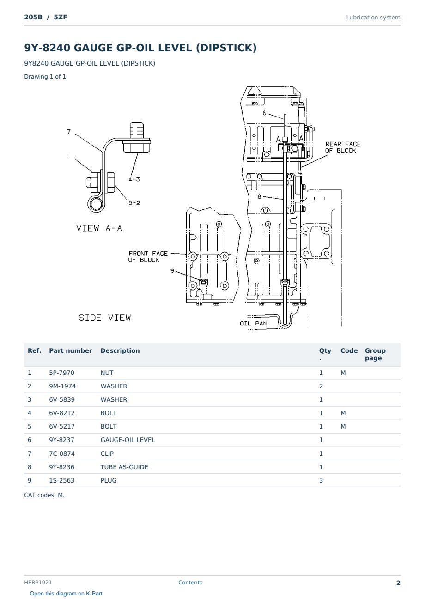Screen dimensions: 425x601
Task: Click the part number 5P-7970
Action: pos(62,373)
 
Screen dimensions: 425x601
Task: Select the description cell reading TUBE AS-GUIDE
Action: pos(124,467)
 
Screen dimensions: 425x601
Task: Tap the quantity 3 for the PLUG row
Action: pos(321,480)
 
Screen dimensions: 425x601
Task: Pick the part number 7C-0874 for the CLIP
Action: pos(62,454)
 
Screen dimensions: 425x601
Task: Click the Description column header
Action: pos(120,351)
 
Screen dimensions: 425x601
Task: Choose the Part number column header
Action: pos(71,351)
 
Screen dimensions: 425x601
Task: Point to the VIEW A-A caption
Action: pos(99,228)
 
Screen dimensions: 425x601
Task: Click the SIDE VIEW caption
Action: pos(104,318)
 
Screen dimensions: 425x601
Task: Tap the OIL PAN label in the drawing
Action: pos(254,324)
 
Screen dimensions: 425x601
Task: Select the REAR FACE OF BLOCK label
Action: pos(342,147)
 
